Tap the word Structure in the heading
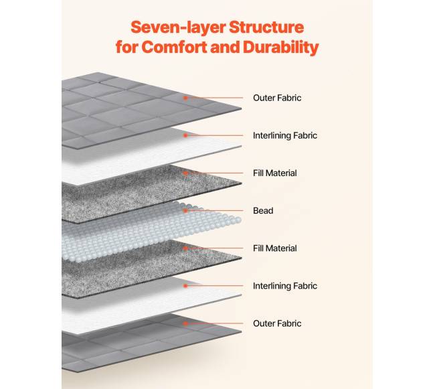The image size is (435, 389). click(266, 27)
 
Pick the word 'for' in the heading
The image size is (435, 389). click(127, 48)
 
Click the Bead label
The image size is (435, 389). click(263, 211)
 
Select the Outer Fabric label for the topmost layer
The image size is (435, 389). click(277, 98)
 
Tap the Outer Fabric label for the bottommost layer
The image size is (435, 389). click(277, 323)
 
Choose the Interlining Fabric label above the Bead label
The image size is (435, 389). click(285, 135)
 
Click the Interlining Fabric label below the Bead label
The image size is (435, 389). click(285, 286)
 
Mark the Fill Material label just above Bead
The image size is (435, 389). click(275, 173)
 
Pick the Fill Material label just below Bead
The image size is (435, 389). click(275, 248)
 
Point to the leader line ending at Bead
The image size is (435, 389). click(214, 211)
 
